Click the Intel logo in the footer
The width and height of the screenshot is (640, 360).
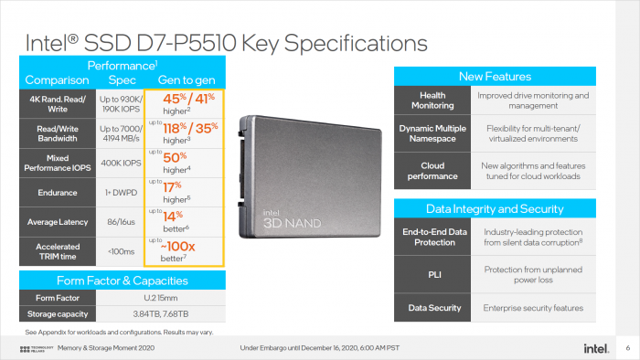pos(595,348)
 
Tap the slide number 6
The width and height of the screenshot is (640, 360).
pos(627,348)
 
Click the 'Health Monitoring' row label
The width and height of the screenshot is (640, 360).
pos(432,101)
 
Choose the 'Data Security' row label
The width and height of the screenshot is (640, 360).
pos(432,308)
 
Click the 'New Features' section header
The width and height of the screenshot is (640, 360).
pos(494,76)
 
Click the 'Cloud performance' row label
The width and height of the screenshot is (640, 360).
pos(432,170)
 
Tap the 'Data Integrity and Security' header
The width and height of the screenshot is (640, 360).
pos(494,209)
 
